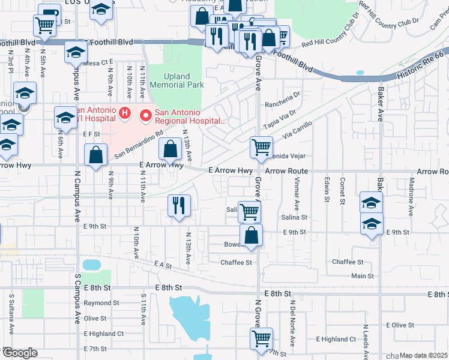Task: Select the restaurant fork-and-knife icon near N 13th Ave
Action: (179, 206)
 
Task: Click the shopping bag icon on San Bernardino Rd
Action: (170, 148)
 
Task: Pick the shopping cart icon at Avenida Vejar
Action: (261, 147)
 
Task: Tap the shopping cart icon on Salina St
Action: (249, 211)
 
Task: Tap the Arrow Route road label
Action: (286, 171)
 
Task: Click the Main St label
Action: (362, 276)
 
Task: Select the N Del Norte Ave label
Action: (292, 329)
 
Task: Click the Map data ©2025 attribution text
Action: (423, 355)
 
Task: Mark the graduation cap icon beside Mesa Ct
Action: (76, 53)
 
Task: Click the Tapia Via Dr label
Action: (280, 114)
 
